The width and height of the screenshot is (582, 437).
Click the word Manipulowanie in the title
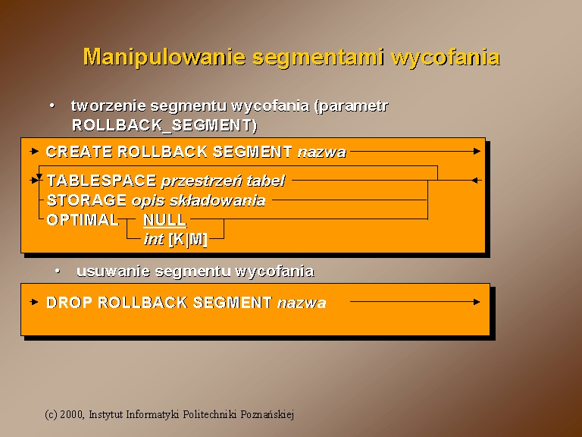[164, 58]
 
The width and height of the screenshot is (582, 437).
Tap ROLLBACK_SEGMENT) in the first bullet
[164, 125]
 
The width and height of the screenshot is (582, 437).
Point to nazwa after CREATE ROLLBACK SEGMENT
[322, 152]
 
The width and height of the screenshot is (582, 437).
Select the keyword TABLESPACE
[102, 181]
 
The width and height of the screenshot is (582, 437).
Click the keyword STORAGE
[86, 200]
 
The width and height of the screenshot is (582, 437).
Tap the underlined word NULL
[164, 220]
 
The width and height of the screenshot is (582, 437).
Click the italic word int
[154, 239]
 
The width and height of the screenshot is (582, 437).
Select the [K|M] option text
[188, 240]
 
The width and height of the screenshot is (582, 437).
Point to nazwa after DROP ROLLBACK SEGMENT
[302, 303]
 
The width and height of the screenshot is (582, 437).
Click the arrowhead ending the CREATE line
[477, 151]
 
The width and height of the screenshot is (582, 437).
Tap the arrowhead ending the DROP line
[477, 302]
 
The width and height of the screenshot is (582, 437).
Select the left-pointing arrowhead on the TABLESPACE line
[474, 181]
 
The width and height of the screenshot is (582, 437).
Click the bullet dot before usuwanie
[58, 271]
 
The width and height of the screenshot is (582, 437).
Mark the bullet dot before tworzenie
[52, 105]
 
